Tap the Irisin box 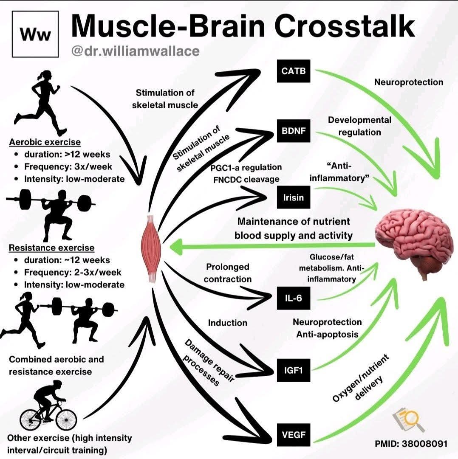[x=293, y=197]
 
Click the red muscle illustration [x=152, y=248]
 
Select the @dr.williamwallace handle [x=135, y=51]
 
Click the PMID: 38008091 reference [x=411, y=444]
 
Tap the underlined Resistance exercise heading [x=52, y=248]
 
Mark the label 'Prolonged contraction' [x=227, y=273]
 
